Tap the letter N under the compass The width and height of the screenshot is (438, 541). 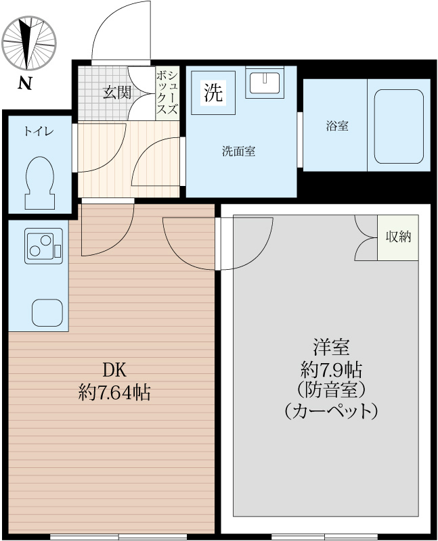(x=25, y=84)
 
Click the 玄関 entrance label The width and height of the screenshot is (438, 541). (x=116, y=93)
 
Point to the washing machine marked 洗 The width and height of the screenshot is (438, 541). (x=213, y=93)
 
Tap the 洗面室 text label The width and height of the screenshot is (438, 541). (x=238, y=151)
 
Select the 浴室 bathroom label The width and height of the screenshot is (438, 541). (x=336, y=126)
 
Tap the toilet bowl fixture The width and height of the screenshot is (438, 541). (x=39, y=181)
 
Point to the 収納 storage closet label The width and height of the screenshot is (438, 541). (x=398, y=237)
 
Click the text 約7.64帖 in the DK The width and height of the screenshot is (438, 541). (x=114, y=392)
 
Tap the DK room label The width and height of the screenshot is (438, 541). (x=114, y=370)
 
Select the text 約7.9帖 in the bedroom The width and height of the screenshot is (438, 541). (x=330, y=370)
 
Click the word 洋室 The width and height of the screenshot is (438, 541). (x=330, y=348)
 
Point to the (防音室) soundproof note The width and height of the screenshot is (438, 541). (x=330, y=390)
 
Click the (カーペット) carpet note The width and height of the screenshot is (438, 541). (x=330, y=411)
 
